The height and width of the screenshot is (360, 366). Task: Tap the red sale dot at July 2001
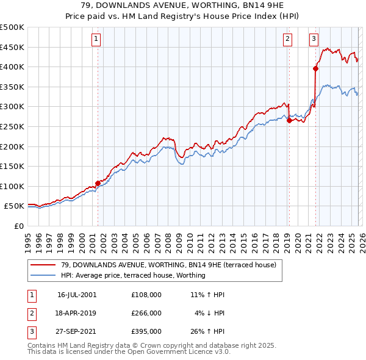coord(98,182)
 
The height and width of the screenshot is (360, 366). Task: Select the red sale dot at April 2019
coord(289,120)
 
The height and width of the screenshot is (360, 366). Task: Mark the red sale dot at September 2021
coord(316,69)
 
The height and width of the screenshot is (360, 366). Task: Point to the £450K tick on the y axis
coord(12,47)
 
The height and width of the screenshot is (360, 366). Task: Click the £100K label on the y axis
coord(12,186)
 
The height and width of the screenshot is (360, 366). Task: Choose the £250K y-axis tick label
coord(12,126)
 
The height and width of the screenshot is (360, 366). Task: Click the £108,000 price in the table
coord(146,295)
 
